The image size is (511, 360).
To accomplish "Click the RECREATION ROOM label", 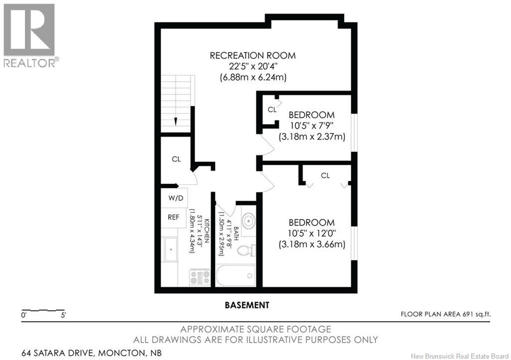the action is [x=253, y=55].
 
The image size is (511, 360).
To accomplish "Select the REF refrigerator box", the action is [x=173, y=217].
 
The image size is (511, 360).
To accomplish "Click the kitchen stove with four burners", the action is [x=200, y=278].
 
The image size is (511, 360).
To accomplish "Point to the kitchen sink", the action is [x=171, y=250].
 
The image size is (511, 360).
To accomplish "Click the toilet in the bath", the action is [x=247, y=251].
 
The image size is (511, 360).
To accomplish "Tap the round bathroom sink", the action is [x=249, y=221].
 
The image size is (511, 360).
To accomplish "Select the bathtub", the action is [x=236, y=276].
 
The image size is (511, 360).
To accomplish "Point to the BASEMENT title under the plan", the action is [x=247, y=305].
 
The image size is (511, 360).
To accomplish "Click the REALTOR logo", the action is [x=29, y=35].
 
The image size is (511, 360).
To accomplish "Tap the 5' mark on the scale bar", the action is [x=63, y=315].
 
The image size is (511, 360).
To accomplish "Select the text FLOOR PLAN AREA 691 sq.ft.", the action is [x=446, y=314].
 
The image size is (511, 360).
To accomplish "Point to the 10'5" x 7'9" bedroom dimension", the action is [x=312, y=126].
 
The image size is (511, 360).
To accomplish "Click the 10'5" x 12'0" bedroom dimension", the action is [x=312, y=233].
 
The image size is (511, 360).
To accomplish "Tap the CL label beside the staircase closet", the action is [x=176, y=159].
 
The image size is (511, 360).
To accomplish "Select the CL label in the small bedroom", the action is [x=272, y=110].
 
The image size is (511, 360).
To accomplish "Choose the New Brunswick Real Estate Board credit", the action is [x=460, y=356].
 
